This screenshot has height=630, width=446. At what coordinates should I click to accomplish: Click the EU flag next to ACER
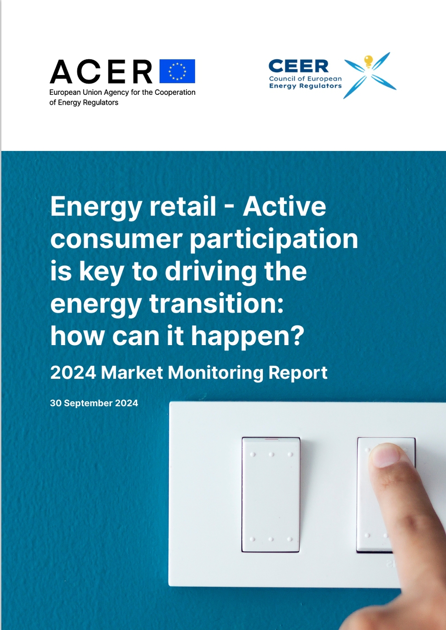click(x=177, y=71)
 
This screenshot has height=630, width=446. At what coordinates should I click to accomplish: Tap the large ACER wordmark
click(x=101, y=71)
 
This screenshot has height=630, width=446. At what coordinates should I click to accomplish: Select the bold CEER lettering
click(x=298, y=66)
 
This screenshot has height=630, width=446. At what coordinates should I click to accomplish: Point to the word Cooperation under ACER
click(x=175, y=92)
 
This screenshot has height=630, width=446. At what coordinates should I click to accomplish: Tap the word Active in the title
click(x=284, y=207)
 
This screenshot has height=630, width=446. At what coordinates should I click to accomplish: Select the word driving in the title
click(x=211, y=272)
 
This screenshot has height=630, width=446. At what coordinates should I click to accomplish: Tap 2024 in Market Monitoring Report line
click(x=73, y=373)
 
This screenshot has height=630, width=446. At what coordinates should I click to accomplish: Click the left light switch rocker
click(x=271, y=495)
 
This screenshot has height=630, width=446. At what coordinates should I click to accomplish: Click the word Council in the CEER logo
click(x=281, y=79)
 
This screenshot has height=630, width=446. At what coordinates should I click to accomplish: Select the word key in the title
click(x=101, y=272)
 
